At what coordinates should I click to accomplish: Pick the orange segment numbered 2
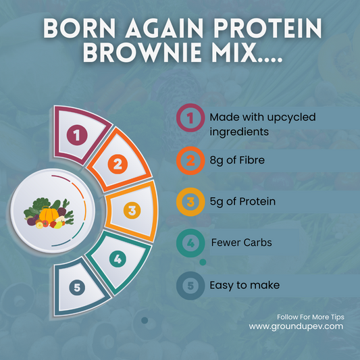click(x=118, y=163)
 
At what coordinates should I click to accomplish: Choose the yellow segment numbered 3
click(x=132, y=210)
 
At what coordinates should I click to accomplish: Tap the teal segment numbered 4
click(x=118, y=257)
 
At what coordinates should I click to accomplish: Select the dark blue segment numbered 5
click(x=78, y=287)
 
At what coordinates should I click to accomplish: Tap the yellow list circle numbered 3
click(x=191, y=201)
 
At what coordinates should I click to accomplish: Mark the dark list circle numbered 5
click(x=191, y=286)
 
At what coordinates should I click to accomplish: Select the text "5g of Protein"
click(x=242, y=201)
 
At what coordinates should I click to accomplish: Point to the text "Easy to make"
click(x=243, y=286)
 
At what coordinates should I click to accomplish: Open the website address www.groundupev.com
click(x=296, y=326)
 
